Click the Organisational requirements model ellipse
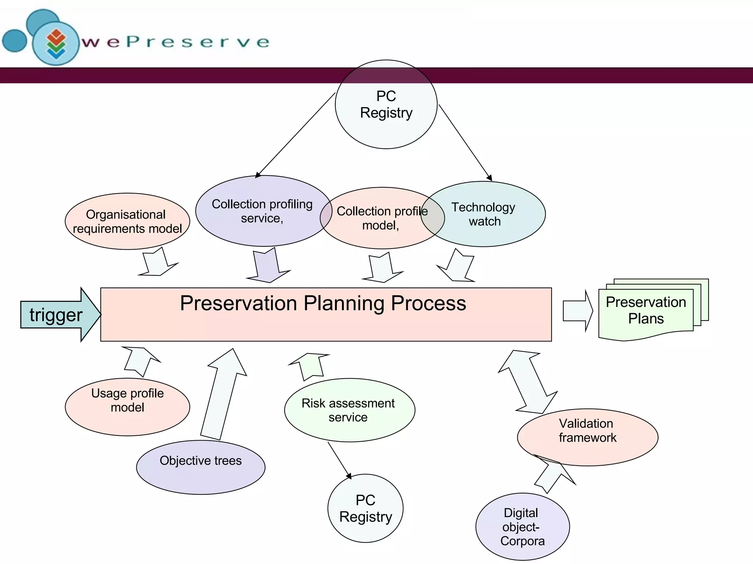click(127, 221)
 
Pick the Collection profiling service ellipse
click(262, 211)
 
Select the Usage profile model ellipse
click(127, 407)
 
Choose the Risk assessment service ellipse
click(349, 410)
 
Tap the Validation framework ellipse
click(587, 437)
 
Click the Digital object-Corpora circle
click(522, 527)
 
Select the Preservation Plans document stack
click(646, 310)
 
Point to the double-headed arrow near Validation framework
click(528, 382)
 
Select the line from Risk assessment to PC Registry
click(339, 459)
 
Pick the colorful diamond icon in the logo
click(56, 44)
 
